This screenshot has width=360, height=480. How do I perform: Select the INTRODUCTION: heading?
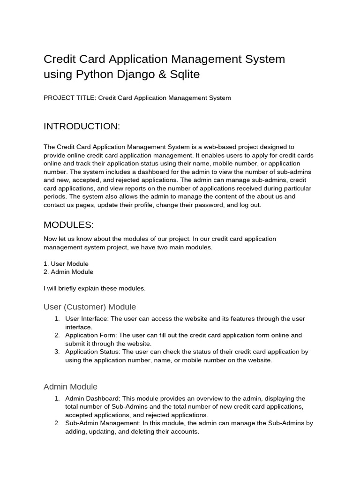tap(82, 126)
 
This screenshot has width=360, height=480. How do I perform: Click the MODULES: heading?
tap(68, 225)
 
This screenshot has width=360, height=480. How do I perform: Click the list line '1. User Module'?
tap(66, 263)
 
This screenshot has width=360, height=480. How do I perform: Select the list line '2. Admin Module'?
tap(68, 272)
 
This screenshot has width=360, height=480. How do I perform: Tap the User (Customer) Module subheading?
tap(90, 307)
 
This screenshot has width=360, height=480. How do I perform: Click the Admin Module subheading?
tap(70, 387)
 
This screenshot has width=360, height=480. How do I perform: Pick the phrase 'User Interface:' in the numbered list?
tap(87, 319)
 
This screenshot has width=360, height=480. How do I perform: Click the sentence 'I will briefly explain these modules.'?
tap(94, 288)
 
